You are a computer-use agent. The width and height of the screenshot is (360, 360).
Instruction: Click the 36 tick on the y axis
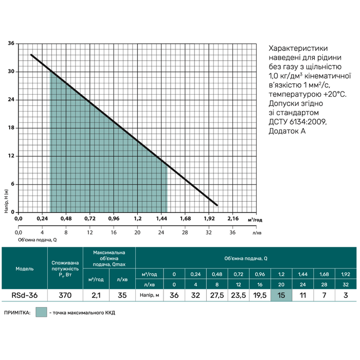(x=10, y=44)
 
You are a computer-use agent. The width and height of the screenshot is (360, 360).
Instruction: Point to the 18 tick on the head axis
(x=10, y=128)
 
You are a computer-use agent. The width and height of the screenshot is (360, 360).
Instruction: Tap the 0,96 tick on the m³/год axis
(x=113, y=219)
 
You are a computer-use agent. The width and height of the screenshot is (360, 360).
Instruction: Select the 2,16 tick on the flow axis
(x=232, y=219)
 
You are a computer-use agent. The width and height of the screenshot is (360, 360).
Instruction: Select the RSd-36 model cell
(x=25, y=295)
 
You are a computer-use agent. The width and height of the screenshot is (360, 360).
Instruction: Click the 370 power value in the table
(x=64, y=295)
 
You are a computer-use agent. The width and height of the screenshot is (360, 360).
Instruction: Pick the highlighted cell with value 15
(x=281, y=295)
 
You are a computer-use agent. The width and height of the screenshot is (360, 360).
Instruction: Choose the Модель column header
(x=25, y=268)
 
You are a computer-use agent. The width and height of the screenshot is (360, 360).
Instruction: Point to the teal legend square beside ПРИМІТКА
(x=41, y=312)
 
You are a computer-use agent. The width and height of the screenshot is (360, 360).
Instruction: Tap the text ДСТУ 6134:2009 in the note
(x=297, y=122)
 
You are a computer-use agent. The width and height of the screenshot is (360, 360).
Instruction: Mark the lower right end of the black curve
(x=218, y=205)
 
